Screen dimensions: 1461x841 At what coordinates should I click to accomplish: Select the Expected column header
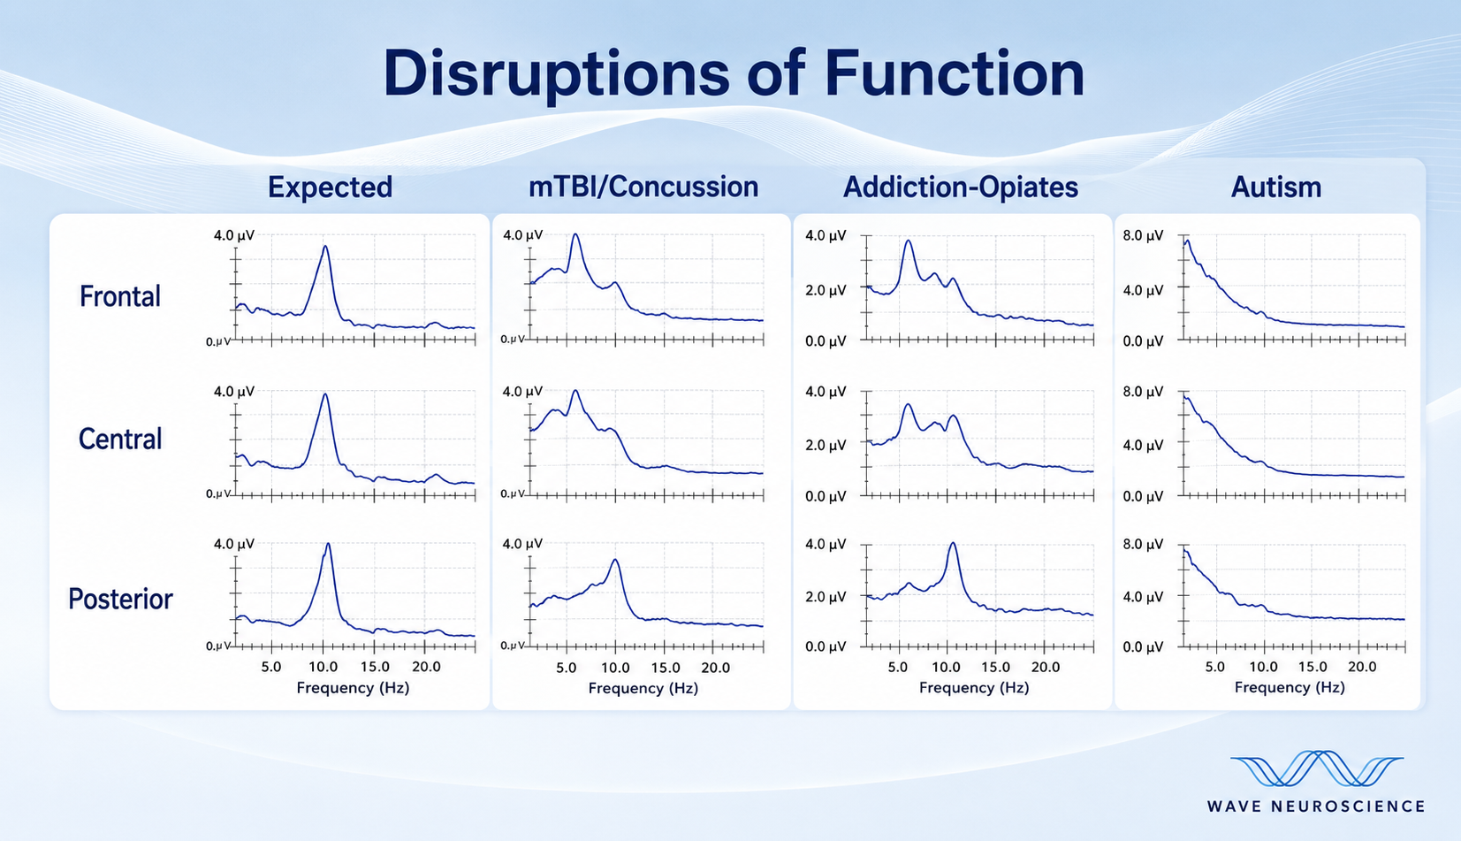pos(330,187)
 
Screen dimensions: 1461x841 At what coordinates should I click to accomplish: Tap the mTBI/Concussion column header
pos(643,187)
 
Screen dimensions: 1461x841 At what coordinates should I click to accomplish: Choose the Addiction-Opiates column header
pos(960,187)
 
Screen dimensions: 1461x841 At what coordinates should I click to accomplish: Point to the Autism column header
pos(1275,187)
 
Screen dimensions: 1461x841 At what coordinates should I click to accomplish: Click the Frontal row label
pos(120,296)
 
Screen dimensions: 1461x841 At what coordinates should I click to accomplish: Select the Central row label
pos(120,440)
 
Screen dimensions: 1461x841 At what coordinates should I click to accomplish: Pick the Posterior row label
pos(121,599)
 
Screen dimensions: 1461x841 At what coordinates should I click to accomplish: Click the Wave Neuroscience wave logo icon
pos(1316,768)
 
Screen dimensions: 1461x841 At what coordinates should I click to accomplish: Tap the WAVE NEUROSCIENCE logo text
pos(1315,807)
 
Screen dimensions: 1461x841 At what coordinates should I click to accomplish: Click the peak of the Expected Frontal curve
pos(325,246)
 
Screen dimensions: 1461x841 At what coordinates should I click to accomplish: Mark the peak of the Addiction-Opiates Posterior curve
pos(953,543)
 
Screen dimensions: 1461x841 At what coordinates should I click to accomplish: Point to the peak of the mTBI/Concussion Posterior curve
pos(615,560)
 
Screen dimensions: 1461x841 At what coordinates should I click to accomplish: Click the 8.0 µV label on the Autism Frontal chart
pos(1143,235)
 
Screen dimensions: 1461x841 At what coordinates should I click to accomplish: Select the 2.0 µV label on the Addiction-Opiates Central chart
pos(826,445)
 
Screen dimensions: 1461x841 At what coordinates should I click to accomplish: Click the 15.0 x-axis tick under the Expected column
pos(375,667)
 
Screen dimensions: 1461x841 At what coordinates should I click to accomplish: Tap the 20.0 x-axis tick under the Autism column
pos(1362,667)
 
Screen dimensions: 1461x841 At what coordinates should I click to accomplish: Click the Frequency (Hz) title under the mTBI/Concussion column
pos(643,688)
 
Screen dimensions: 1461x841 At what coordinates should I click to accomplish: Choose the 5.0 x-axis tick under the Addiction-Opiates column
pos(897,667)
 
